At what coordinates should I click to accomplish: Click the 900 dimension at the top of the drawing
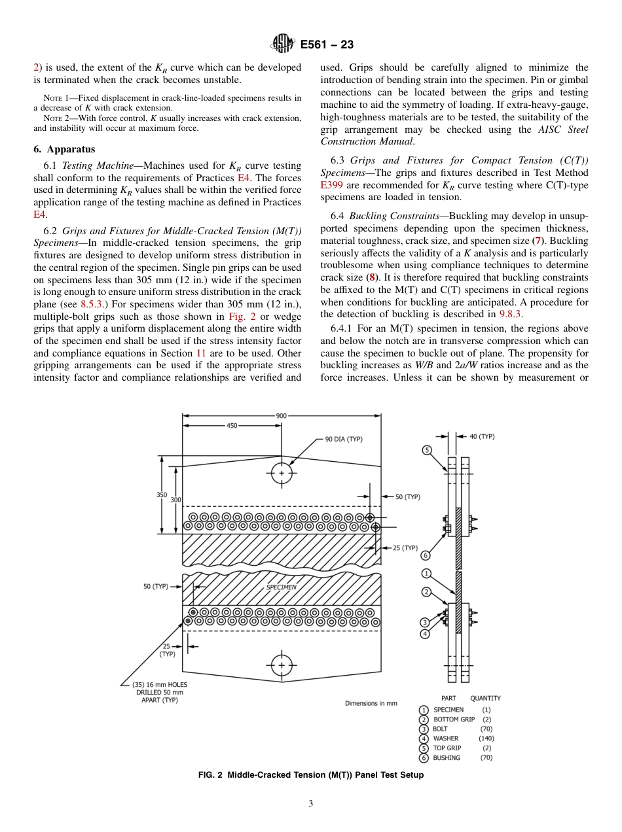(x=282, y=415)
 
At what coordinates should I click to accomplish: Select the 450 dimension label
(x=232, y=425)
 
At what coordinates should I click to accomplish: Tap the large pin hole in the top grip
(x=282, y=472)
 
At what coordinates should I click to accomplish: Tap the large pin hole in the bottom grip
(x=282, y=665)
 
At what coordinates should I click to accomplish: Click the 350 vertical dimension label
(x=161, y=495)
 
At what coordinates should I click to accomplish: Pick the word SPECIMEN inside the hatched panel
(x=281, y=587)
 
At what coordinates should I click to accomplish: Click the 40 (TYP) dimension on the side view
(x=482, y=436)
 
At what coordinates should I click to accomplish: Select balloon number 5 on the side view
(x=426, y=450)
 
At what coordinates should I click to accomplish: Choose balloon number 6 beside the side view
(x=426, y=555)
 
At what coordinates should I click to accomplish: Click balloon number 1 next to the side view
(x=426, y=574)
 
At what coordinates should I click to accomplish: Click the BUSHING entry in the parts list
(x=447, y=758)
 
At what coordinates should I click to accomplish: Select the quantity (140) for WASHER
(x=486, y=738)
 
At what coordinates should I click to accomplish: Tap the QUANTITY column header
(x=485, y=699)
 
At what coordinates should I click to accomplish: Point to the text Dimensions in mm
(x=371, y=703)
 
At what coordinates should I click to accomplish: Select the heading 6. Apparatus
(x=64, y=149)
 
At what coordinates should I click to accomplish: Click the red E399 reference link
(x=331, y=184)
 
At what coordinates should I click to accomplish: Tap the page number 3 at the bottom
(x=311, y=804)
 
